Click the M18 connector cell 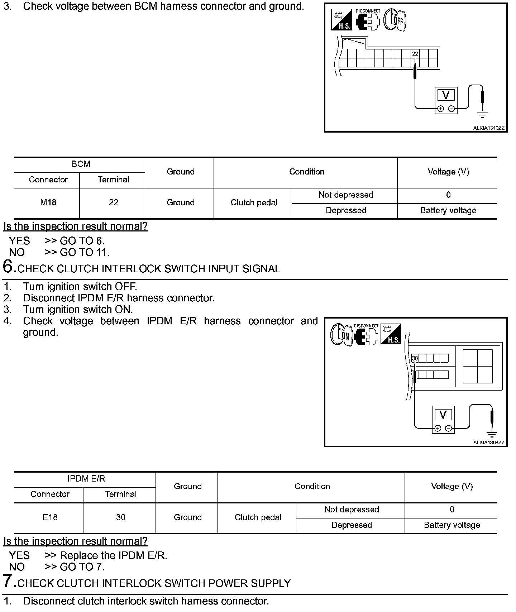pos(48,203)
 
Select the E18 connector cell pos(50,517)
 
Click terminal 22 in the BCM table pos(113,203)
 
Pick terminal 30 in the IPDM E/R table pos(121,517)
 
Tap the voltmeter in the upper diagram pos(446,100)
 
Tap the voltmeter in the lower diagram pos(443,420)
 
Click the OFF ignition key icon pos(395,20)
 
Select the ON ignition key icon pos(341,335)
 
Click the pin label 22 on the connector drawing pos(415,54)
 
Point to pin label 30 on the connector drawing pos(415,358)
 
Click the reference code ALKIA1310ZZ pos(488,128)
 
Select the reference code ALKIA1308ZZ pos(488,443)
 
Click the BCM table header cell pos(81,164)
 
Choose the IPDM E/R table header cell pos(86,479)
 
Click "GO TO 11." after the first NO pos(85,253)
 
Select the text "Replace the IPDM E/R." pos(114,556)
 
